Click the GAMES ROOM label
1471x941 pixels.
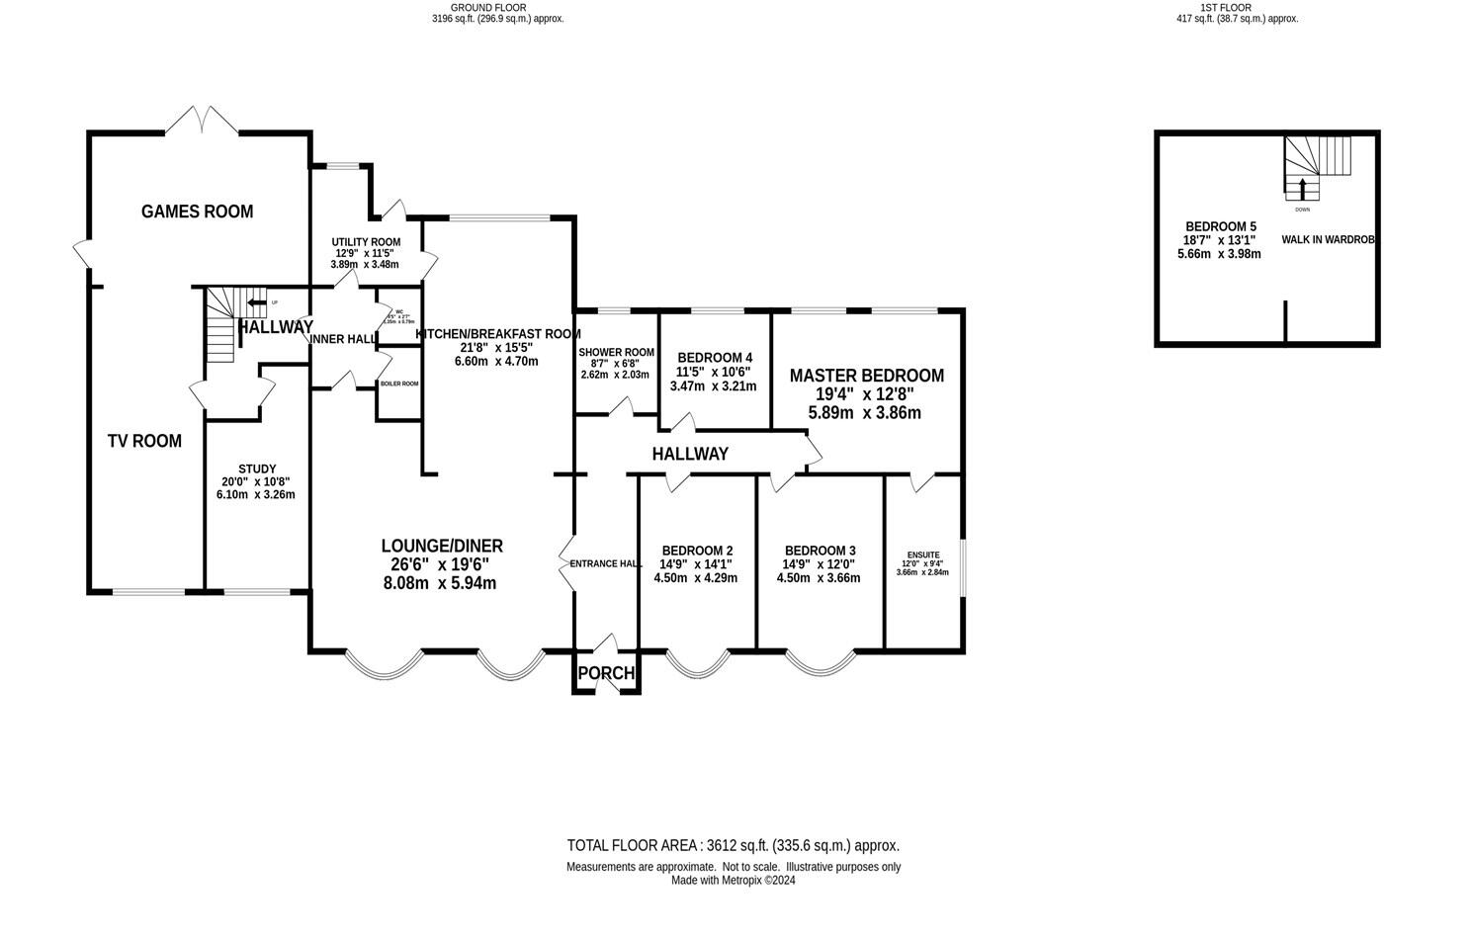click(197, 212)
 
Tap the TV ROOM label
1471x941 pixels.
click(144, 441)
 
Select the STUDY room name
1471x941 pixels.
click(257, 469)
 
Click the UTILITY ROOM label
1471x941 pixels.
click(366, 242)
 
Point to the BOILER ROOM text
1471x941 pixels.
click(399, 384)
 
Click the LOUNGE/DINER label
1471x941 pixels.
click(442, 546)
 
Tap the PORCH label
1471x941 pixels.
click(606, 673)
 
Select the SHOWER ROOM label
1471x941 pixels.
click(616, 352)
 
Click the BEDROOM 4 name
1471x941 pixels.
click(714, 358)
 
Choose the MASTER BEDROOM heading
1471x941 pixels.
click(866, 376)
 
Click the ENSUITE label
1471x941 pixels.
click(923, 556)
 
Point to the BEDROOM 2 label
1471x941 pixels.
click(697, 551)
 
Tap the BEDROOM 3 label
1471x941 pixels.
click(820, 551)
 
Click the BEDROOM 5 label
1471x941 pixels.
click(1220, 227)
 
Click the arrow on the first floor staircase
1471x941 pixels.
click(1302, 188)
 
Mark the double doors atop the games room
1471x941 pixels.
click(202, 121)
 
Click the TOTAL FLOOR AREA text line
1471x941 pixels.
click(733, 845)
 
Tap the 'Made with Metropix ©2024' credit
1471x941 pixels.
click(733, 880)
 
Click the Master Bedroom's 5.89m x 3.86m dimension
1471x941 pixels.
click(864, 413)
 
